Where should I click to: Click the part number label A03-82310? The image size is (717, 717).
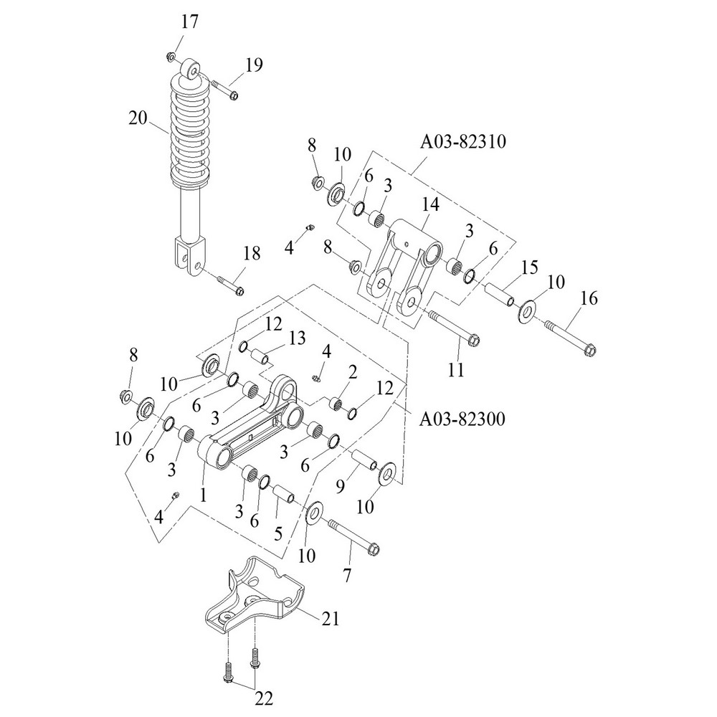point(465,142)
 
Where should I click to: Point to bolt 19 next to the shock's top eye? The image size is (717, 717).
point(226,90)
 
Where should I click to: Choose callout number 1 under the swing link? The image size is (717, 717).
point(204,494)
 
